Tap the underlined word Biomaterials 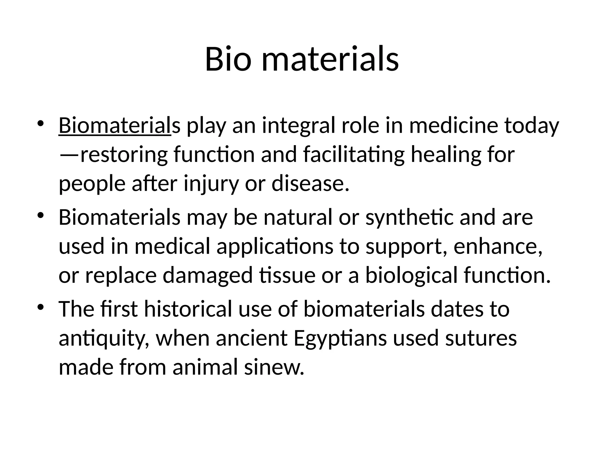115,126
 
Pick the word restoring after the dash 124,155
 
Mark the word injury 211,184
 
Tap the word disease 310,183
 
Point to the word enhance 497,247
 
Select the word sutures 481,338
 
